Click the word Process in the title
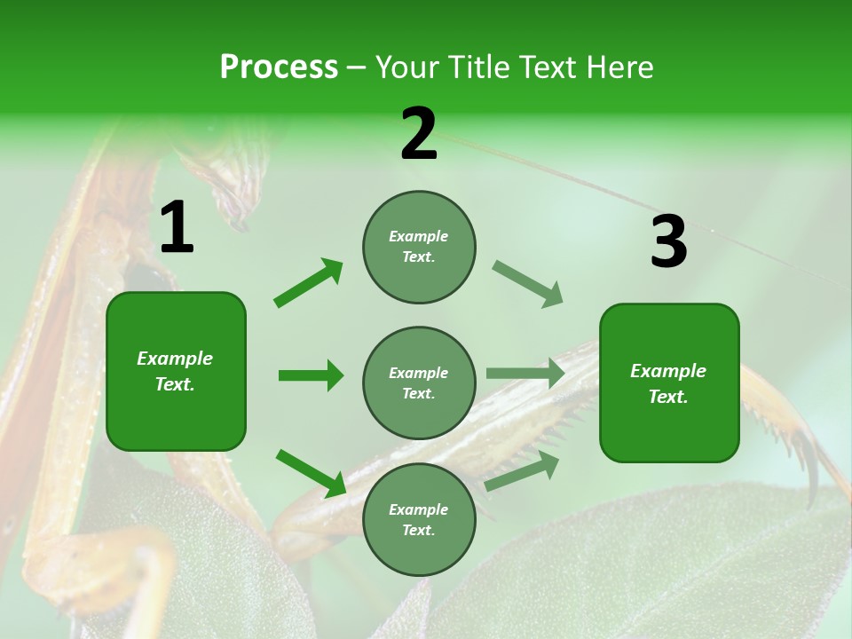(x=279, y=67)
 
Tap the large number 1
(x=177, y=229)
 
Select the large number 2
(x=419, y=135)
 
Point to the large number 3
(x=668, y=242)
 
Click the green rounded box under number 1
(x=176, y=371)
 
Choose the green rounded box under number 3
(x=669, y=383)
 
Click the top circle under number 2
(x=419, y=247)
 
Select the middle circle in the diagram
(x=419, y=383)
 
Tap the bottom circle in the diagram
(x=419, y=519)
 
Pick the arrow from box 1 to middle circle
(x=311, y=375)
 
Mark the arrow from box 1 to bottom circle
(x=312, y=473)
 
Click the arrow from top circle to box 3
(x=528, y=284)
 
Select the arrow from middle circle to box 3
(x=525, y=373)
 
